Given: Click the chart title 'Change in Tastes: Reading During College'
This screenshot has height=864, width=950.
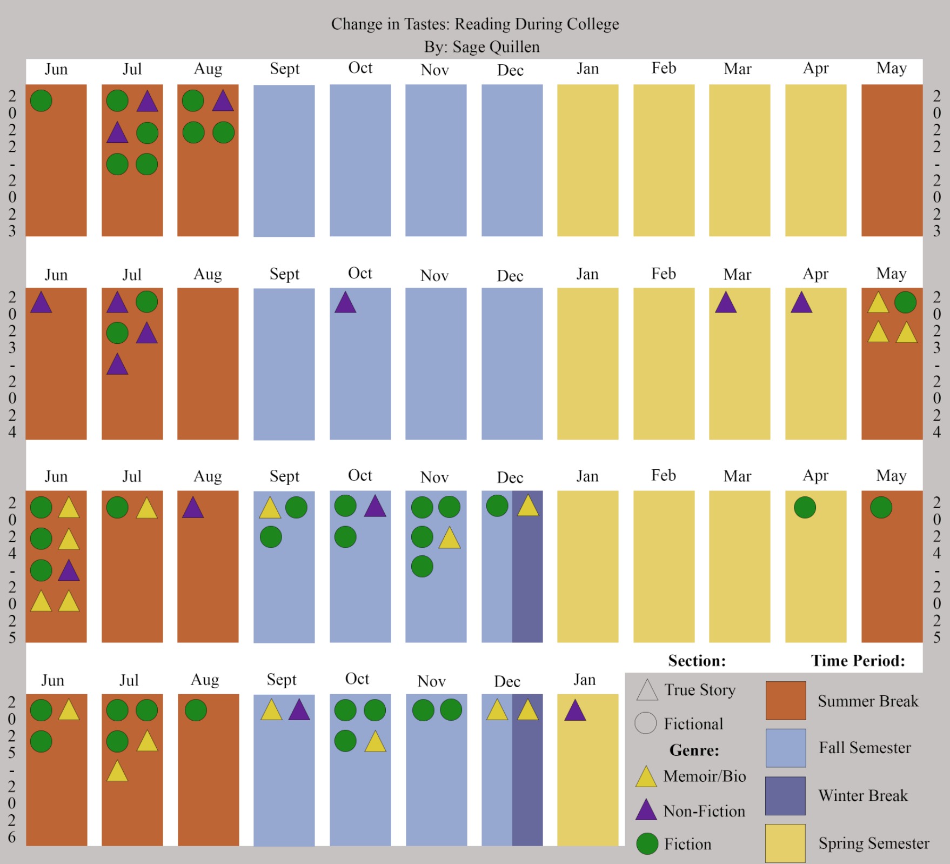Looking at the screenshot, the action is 475,24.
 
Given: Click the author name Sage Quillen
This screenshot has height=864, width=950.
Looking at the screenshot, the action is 496,47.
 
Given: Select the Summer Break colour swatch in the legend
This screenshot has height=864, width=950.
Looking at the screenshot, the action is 786,701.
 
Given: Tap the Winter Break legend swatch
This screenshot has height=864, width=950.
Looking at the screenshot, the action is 786,796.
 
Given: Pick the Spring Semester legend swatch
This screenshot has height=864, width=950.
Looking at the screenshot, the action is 786,843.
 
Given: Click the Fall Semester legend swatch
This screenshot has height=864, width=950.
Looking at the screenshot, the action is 786,748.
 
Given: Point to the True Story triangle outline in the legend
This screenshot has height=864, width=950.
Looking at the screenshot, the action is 647,692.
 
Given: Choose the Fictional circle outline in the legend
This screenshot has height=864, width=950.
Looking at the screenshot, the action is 646,723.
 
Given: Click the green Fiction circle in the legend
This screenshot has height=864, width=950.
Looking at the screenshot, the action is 647,844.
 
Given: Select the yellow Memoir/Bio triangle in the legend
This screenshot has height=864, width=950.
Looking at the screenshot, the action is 646,777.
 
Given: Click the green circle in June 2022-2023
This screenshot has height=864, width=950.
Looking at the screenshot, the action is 41,101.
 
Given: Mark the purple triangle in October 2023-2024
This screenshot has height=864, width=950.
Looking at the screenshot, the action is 345,303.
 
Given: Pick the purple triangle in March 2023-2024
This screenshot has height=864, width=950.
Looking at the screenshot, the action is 726,303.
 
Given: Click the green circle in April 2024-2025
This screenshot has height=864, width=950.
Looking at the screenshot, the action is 805,508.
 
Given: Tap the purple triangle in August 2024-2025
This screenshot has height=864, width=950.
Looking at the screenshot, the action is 193,508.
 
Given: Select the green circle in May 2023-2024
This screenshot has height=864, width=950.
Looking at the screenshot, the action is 906,302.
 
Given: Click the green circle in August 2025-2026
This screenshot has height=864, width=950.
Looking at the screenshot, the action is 196,710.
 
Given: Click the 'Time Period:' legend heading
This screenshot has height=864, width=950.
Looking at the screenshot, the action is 858,661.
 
